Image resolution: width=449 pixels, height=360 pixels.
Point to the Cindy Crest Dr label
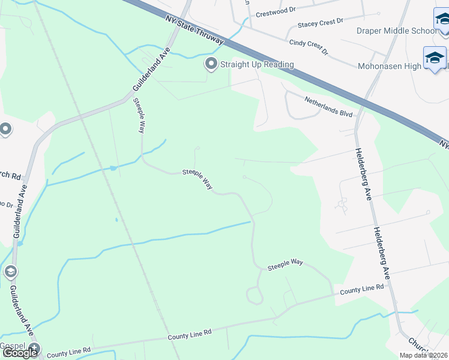(309, 47)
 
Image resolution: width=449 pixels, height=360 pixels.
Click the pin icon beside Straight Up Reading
(211, 64)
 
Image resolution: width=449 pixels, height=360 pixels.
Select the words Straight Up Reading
(256, 64)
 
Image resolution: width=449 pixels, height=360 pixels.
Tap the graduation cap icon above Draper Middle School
(442, 18)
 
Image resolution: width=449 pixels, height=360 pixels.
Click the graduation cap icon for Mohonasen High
(434, 58)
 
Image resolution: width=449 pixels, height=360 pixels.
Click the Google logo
(20, 352)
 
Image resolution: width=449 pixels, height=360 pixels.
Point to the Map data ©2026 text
(423, 355)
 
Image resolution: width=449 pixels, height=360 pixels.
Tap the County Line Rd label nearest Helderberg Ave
(361, 289)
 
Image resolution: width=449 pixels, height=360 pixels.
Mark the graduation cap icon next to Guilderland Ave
(10, 272)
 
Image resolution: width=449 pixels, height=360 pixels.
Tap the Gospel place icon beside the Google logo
(35, 347)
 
